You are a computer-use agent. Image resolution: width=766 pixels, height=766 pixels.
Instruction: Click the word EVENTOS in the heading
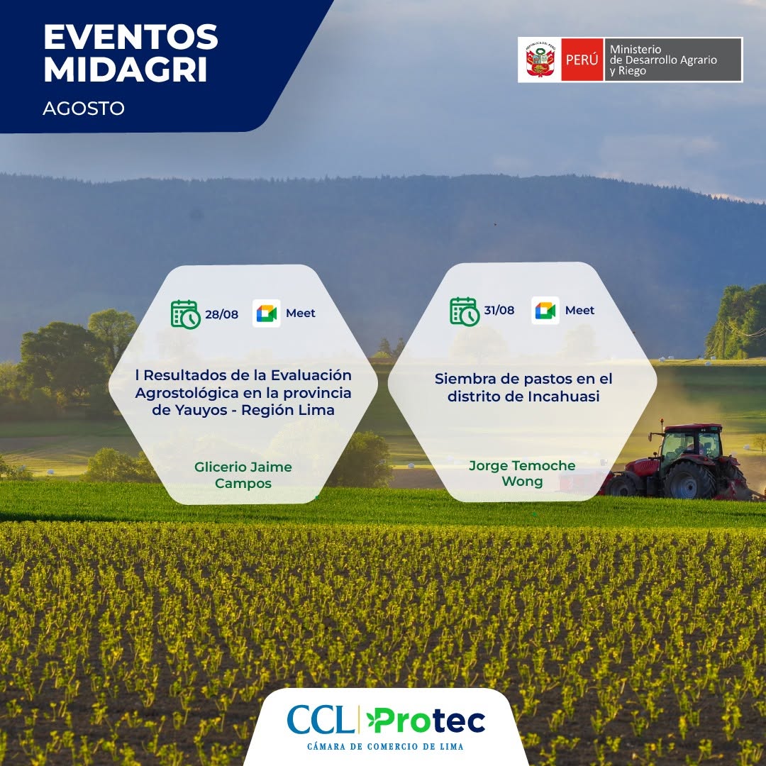pos(131,37)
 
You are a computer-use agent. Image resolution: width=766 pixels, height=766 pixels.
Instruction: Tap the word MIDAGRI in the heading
pos(126,70)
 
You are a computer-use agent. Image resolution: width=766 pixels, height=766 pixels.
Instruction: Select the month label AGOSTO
pos(84,108)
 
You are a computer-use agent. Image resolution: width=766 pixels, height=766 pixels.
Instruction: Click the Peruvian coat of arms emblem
pos(539,60)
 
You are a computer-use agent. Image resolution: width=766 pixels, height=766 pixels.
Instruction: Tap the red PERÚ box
pos(582,60)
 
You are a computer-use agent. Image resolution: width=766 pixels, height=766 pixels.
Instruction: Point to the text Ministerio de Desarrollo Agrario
pos(663,55)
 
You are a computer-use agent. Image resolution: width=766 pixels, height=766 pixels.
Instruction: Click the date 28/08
pos(221,314)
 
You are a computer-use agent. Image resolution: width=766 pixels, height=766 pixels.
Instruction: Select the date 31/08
pos(499,310)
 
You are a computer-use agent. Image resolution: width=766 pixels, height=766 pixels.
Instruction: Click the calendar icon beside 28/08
pos(186,314)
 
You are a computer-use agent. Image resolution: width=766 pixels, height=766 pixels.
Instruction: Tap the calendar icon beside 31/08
pos(465,311)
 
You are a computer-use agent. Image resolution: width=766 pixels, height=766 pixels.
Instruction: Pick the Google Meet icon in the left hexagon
pos(267,313)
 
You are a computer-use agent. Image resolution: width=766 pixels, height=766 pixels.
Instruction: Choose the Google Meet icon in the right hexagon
pos(545,310)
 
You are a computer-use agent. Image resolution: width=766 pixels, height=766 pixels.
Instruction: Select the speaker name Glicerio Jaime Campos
pos(243,474)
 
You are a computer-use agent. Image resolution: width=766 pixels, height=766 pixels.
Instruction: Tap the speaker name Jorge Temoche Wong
pos(522,473)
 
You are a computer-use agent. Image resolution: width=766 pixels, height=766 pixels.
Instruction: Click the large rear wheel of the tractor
pos(689,479)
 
